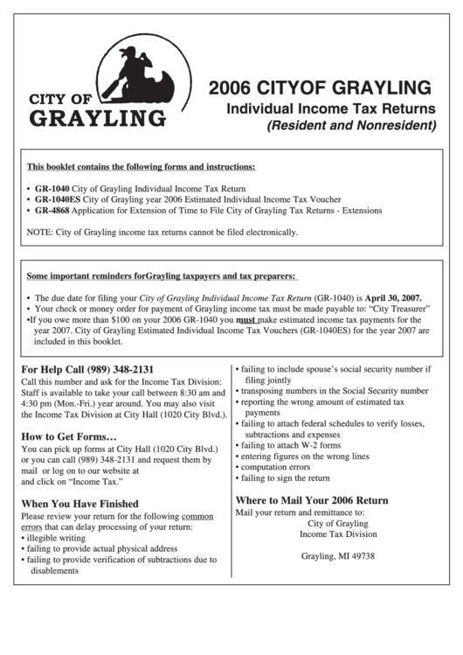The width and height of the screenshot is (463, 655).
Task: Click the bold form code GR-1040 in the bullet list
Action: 52,188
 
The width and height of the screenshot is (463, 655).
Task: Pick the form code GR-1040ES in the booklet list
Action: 57,199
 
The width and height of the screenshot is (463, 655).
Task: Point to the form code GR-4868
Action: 52,211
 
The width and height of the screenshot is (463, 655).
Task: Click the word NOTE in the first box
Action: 39,233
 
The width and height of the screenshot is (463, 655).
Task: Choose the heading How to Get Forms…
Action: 69,436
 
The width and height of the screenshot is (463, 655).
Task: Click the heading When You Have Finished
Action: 79,504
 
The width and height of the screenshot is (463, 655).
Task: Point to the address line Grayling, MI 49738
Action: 338,556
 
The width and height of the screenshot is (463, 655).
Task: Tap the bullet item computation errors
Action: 275,467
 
